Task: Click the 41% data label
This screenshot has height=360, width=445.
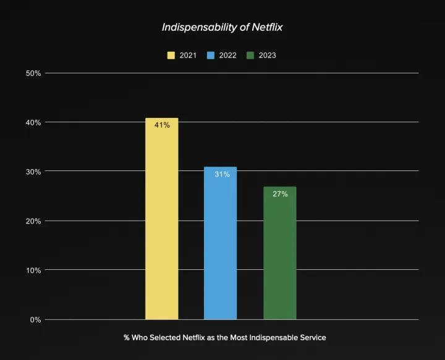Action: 162,125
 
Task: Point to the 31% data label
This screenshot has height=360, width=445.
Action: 222,174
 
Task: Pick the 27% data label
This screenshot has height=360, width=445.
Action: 280,194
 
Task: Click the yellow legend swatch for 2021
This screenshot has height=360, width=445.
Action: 171,56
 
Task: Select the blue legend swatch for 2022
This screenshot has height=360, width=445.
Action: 211,56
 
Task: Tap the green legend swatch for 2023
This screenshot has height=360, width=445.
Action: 251,56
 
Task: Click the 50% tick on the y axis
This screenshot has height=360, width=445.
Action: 33,73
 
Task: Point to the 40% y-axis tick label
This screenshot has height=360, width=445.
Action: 33,122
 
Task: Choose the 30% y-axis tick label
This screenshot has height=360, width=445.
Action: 33,172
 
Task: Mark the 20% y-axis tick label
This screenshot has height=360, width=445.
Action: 33,221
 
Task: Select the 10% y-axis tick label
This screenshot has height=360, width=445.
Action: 33,270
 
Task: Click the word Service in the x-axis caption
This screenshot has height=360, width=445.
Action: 312,338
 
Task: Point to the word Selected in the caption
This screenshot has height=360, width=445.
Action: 167,338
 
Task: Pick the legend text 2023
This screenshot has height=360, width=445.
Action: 268,56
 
